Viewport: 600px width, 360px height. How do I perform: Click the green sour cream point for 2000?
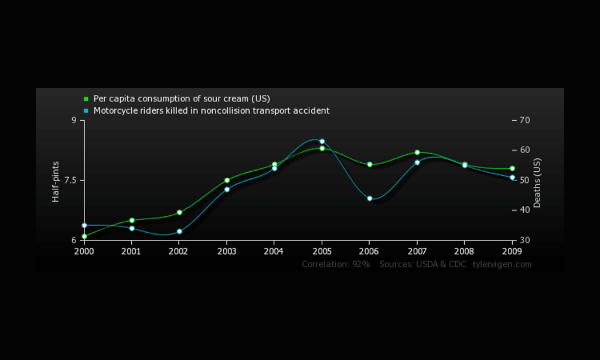[x=84, y=236]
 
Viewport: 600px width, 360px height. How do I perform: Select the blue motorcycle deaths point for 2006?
[x=370, y=198]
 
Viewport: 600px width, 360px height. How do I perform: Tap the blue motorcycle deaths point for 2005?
[x=322, y=141]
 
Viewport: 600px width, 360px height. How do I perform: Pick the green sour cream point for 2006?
[x=370, y=164]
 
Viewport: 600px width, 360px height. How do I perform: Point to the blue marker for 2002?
[x=179, y=232]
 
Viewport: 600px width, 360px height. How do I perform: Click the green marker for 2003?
[x=227, y=180]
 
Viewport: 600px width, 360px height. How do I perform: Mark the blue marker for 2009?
[x=512, y=177]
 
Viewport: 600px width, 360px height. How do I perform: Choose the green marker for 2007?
[x=417, y=152]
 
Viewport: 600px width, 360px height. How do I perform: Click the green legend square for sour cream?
[x=86, y=99]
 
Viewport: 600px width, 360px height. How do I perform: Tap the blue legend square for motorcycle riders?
[x=86, y=111]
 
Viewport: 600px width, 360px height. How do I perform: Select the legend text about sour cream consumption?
[x=182, y=99]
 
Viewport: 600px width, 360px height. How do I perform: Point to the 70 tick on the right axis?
[x=524, y=120]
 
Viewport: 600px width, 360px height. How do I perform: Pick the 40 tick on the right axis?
[x=524, y=210]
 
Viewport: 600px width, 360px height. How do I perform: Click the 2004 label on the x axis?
[x=274, y=251]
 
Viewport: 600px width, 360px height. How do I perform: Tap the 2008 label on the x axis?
[x=465, y=251]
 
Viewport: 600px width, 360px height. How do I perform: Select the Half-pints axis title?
[x=56, y=181]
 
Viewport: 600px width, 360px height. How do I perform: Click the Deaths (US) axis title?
[x=537, y=183]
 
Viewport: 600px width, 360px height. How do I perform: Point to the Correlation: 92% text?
[x=336, y=264]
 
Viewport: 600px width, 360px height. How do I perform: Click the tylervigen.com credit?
[x=502, y=264]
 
